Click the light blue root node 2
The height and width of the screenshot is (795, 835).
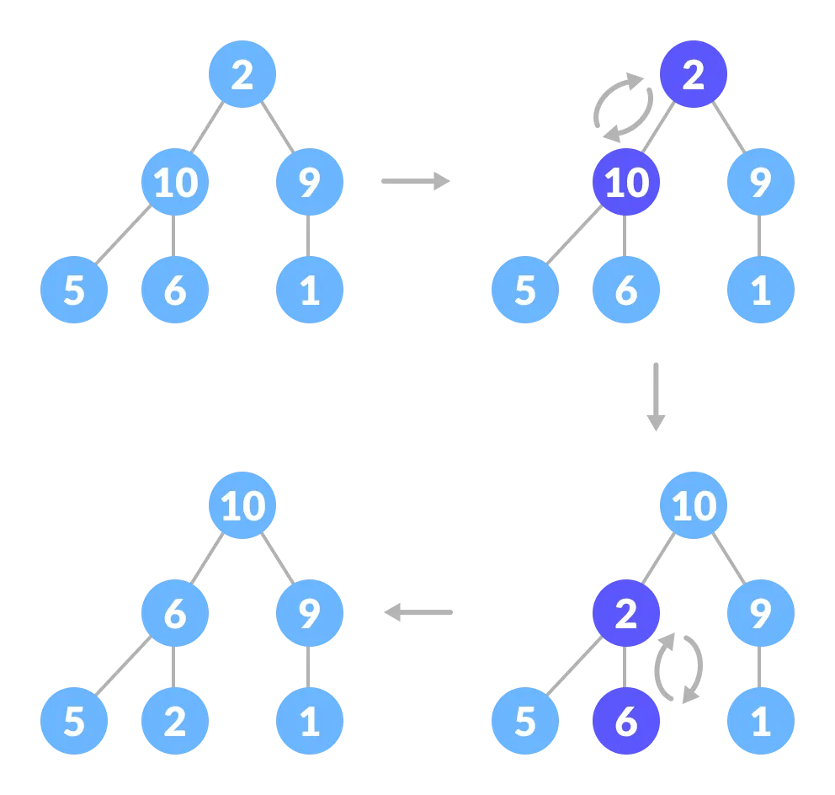coord(242,74)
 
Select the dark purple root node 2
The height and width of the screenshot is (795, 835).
coord(694,74)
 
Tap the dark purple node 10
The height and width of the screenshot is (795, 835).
coord(625,182)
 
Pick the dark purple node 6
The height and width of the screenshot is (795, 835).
coord(625,722)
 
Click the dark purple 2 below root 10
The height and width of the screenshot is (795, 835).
coord(625,614)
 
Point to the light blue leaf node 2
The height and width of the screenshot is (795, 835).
coord(175,722)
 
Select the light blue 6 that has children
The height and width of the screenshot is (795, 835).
coord(175,614)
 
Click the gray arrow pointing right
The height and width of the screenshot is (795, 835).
coord(416,181)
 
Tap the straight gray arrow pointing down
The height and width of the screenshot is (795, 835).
coord(656,397)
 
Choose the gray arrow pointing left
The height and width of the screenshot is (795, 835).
coord(418,612)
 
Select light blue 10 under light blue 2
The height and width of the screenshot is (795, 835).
coord(175,182)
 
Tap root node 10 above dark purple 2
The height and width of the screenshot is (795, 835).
coord(694,506)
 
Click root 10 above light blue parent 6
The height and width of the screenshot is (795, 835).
coord(242,506)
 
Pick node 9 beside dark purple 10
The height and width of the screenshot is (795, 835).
coord(761,182)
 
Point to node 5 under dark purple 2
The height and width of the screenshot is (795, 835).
coord(525,722)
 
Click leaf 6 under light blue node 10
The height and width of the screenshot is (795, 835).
coord(175,290)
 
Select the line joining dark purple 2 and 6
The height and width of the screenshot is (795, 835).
coord(625,668)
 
